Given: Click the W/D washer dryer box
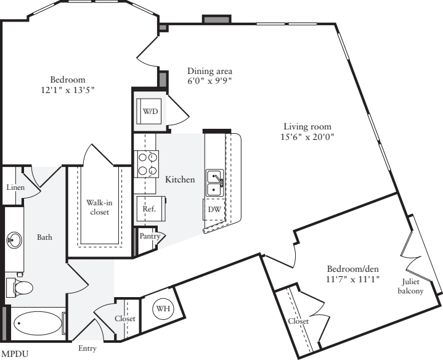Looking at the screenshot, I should (x=150, y=112).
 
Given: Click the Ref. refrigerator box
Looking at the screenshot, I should (x=148, y=209).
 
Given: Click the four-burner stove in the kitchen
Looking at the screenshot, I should (x=147, y=163).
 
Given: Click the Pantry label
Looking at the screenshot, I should (x=150, y=236).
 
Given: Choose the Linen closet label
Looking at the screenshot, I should (x=15, y=187).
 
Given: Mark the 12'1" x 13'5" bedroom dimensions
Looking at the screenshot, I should (x=68, y=90).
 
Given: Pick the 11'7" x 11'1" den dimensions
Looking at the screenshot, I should (x=353, y=279).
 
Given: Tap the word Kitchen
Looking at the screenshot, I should (x=180, y=179).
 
